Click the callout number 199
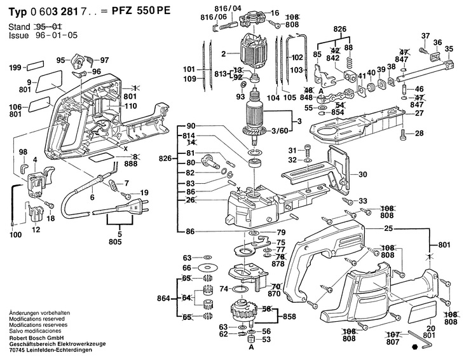[15, 66]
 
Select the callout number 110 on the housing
[130, 106]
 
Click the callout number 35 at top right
[449, 49]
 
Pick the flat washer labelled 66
[207, 269]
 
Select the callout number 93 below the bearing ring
[241, 97]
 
